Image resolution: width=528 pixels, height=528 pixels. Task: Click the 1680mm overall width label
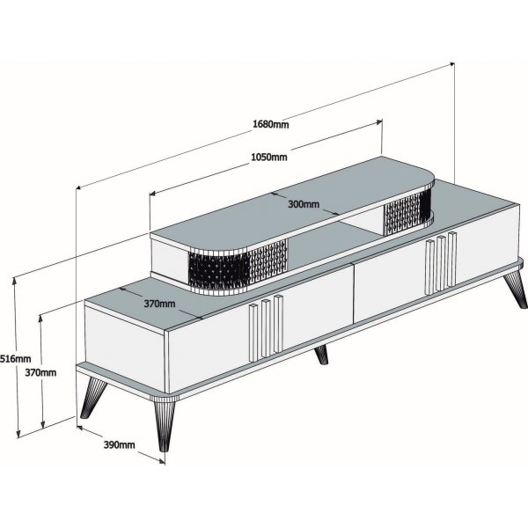pyautogui.click(x=270, y=123)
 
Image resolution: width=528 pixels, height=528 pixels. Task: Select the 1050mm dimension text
pyautogui.click(x=269, y=158)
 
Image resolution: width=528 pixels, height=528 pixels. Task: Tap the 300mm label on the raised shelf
pyautogui.click(x=303, y=204)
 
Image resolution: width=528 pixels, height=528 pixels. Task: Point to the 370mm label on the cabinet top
pyautogui.click(x=159, y=304)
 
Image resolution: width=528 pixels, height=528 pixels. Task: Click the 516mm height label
pyautogui.click(x=15, y=359)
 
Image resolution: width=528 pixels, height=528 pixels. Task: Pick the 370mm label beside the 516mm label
pyautogui.click(x=40, y=372)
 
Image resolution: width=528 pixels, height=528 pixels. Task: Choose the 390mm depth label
pyautogui.click(x=118, y=445)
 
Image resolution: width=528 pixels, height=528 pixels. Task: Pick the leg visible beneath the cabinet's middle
pyautogui.click(x=321, y=355)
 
